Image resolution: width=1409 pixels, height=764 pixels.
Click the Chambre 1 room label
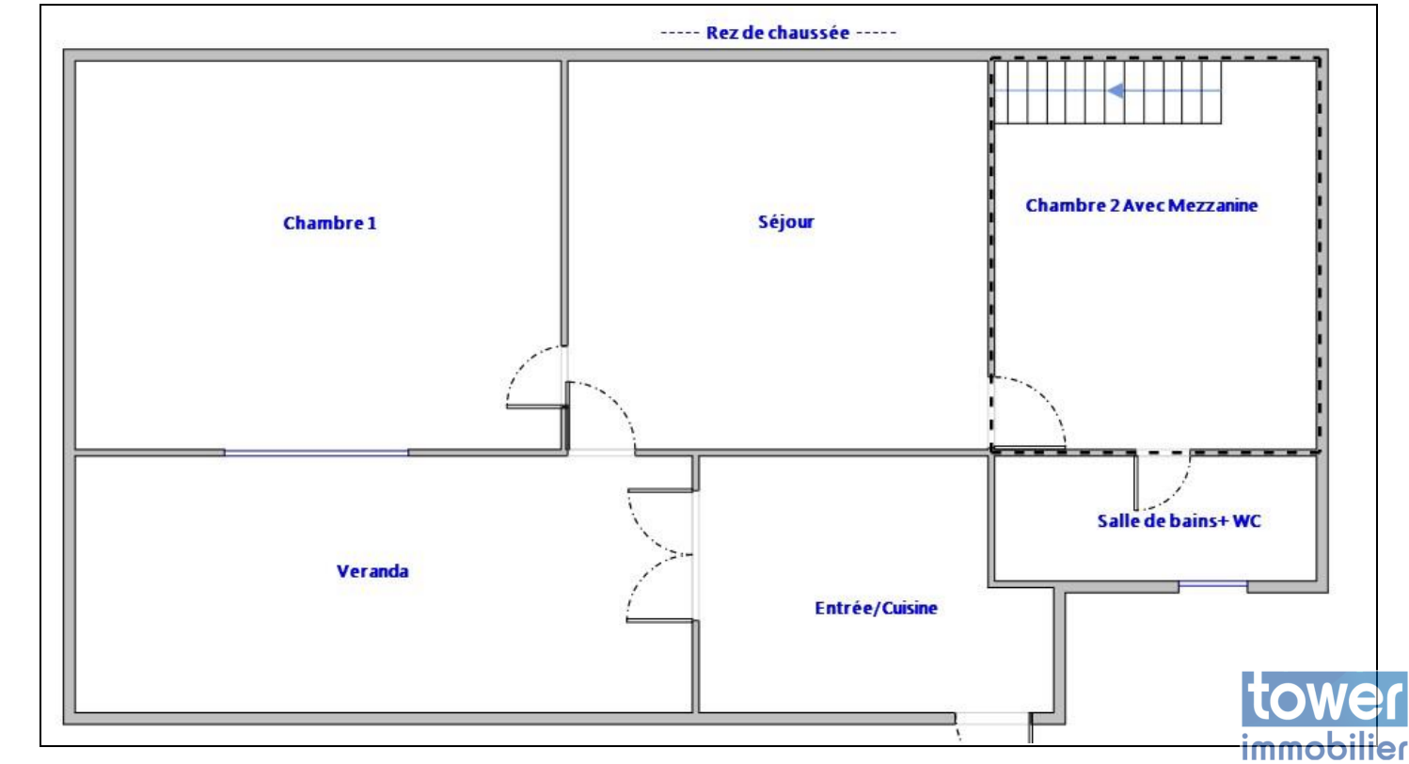pyautogui.click(x=329, y=223)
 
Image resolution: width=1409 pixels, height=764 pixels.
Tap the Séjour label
pyautogui.click(x=786, y=222)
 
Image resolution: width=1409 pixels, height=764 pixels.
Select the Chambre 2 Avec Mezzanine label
pyautogui.click(x=1142, y=206)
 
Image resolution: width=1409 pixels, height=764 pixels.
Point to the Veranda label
pyautogui.click(x=372, y=571)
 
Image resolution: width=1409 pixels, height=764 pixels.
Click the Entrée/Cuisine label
pyautogui.click(x=877, y=608)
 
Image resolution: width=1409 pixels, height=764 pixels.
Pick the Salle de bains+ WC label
pyautogui.click(x=1179, y=521)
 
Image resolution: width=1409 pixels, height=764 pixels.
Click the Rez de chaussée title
pyautogui.click(x=778, y=33)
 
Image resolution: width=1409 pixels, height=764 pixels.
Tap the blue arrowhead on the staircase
pyautogui.click(x=1116, y=91)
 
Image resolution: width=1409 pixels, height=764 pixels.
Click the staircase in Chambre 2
pyautogui.click(x=1108, y=92)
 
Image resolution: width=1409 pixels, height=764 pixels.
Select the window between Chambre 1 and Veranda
pyautogui.click(x=316, y=453)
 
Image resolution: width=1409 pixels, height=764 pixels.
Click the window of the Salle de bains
pyautogui.click(x=1212, y=585)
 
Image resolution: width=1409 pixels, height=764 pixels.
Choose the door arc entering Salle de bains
pyautogui.click(x=1177, y=493)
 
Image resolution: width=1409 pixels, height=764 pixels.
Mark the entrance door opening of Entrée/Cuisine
pyautogui.click(x=992, y=719)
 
